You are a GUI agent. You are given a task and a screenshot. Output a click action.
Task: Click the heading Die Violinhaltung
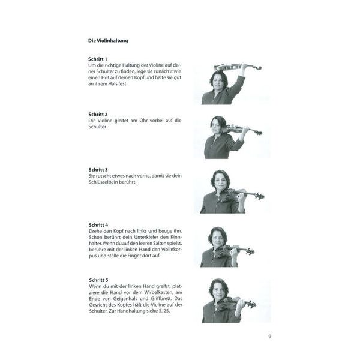108,41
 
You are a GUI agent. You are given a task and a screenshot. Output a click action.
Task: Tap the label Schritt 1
98,59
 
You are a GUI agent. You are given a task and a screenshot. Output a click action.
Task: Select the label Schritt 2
98,114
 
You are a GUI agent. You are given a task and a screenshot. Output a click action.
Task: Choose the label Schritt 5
98,280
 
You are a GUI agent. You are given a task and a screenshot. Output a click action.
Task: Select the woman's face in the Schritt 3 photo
219,181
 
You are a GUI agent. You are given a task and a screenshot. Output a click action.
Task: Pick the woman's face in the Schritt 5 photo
218,290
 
